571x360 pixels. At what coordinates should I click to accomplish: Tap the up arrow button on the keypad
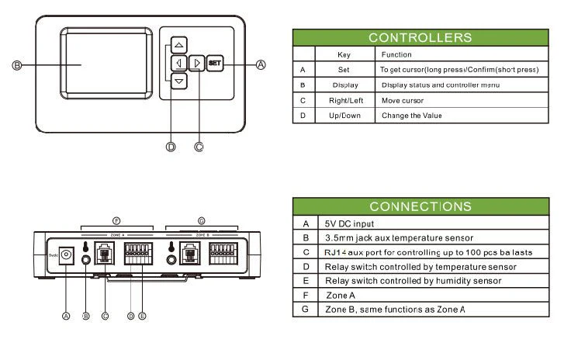click(x=179, y=45)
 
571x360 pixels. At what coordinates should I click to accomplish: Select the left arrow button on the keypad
click(x=179, y=64)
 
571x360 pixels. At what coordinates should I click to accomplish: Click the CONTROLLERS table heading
click(x=420, y=37)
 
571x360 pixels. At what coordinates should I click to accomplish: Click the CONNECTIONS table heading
click(x=420, y=206)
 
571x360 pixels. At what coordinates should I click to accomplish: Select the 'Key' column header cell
click(x=345, y=55)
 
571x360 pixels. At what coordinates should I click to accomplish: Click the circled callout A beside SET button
click(x=261, y=64)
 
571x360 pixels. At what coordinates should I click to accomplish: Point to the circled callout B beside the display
click(x=16, y=65)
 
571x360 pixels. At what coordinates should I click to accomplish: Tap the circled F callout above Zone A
click(x=116, y=220)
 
